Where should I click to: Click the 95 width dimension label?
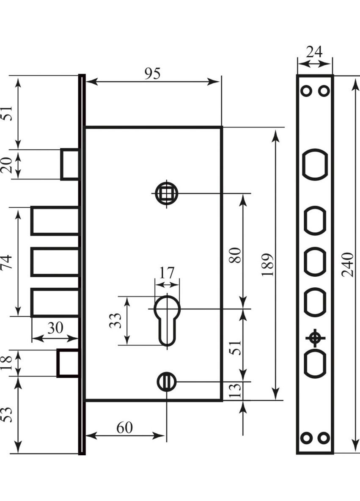point(153,73)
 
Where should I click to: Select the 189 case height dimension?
point(268,265)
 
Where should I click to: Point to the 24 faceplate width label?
point(314,52)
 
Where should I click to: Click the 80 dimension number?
point(236,254)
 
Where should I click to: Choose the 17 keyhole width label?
point(167,273)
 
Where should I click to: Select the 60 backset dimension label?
point(124,428)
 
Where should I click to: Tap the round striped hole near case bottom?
point(167,381)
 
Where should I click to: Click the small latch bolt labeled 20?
point(70,164)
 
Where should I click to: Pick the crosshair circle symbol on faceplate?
point(314,338)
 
